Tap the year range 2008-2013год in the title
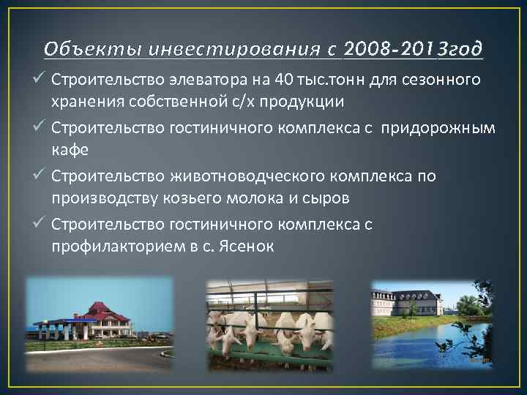pos(412,49)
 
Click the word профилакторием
pos(118,246)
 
